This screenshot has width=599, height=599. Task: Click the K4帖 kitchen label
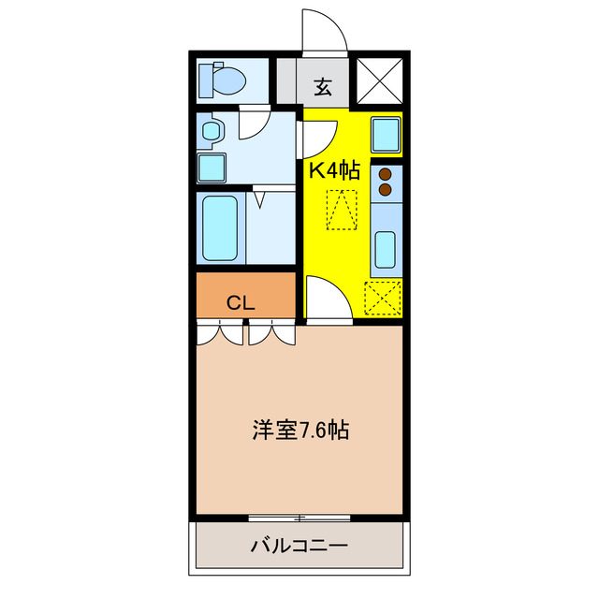pyautogui.click(x=335, y=169)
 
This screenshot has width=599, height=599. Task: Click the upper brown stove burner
pyautogui.click(x=385, y=174)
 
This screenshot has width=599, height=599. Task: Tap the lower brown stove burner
pyautogui.click(x=385, y=189)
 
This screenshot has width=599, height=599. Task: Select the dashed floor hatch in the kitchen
pyautogui.click(x=341, y=209)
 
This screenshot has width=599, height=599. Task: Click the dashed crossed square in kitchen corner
pyautogui.click(x=382, y=300)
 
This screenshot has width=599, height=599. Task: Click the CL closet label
pyautogui.click(x=241, y=302)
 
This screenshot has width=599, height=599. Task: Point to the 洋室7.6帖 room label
pyautogui.click(x=301, y=431)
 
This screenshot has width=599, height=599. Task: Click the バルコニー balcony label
pyautogui.click(x=299, y=546)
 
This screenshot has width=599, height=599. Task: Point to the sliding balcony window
pyautogui.click(x=299, y=517)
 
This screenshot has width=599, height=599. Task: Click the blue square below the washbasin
pyautogui.click(x=212, y=168)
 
